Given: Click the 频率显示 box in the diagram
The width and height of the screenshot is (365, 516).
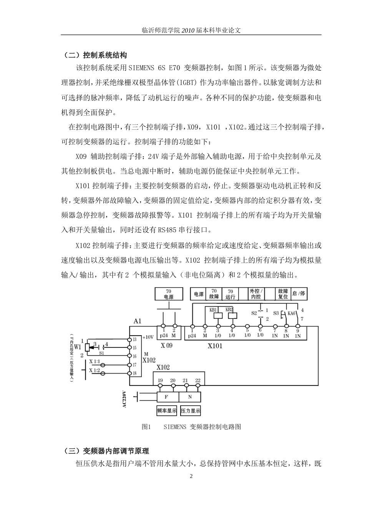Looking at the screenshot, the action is pos(166,411).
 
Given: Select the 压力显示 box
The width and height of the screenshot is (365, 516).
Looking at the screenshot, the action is pos(191,411).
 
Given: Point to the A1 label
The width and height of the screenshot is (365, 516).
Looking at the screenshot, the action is pos(137,321).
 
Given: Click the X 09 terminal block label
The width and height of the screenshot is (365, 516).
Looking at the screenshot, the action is pos(166,345).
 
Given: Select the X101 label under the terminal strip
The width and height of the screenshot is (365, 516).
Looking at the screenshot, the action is pos(215,346).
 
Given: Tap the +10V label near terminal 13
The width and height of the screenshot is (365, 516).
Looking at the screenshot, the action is pos(148,337).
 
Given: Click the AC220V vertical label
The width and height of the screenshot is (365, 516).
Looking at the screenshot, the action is pos(124,400).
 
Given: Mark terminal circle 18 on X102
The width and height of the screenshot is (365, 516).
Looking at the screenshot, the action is pos(129,373).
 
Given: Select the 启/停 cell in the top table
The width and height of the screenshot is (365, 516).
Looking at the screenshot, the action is pos(299,294).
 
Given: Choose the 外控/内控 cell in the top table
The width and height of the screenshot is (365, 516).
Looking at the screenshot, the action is pos(255,294).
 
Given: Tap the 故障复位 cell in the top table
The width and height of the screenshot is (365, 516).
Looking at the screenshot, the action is pos(283,294).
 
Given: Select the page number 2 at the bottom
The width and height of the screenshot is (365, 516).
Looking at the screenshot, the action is pos(191,477).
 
